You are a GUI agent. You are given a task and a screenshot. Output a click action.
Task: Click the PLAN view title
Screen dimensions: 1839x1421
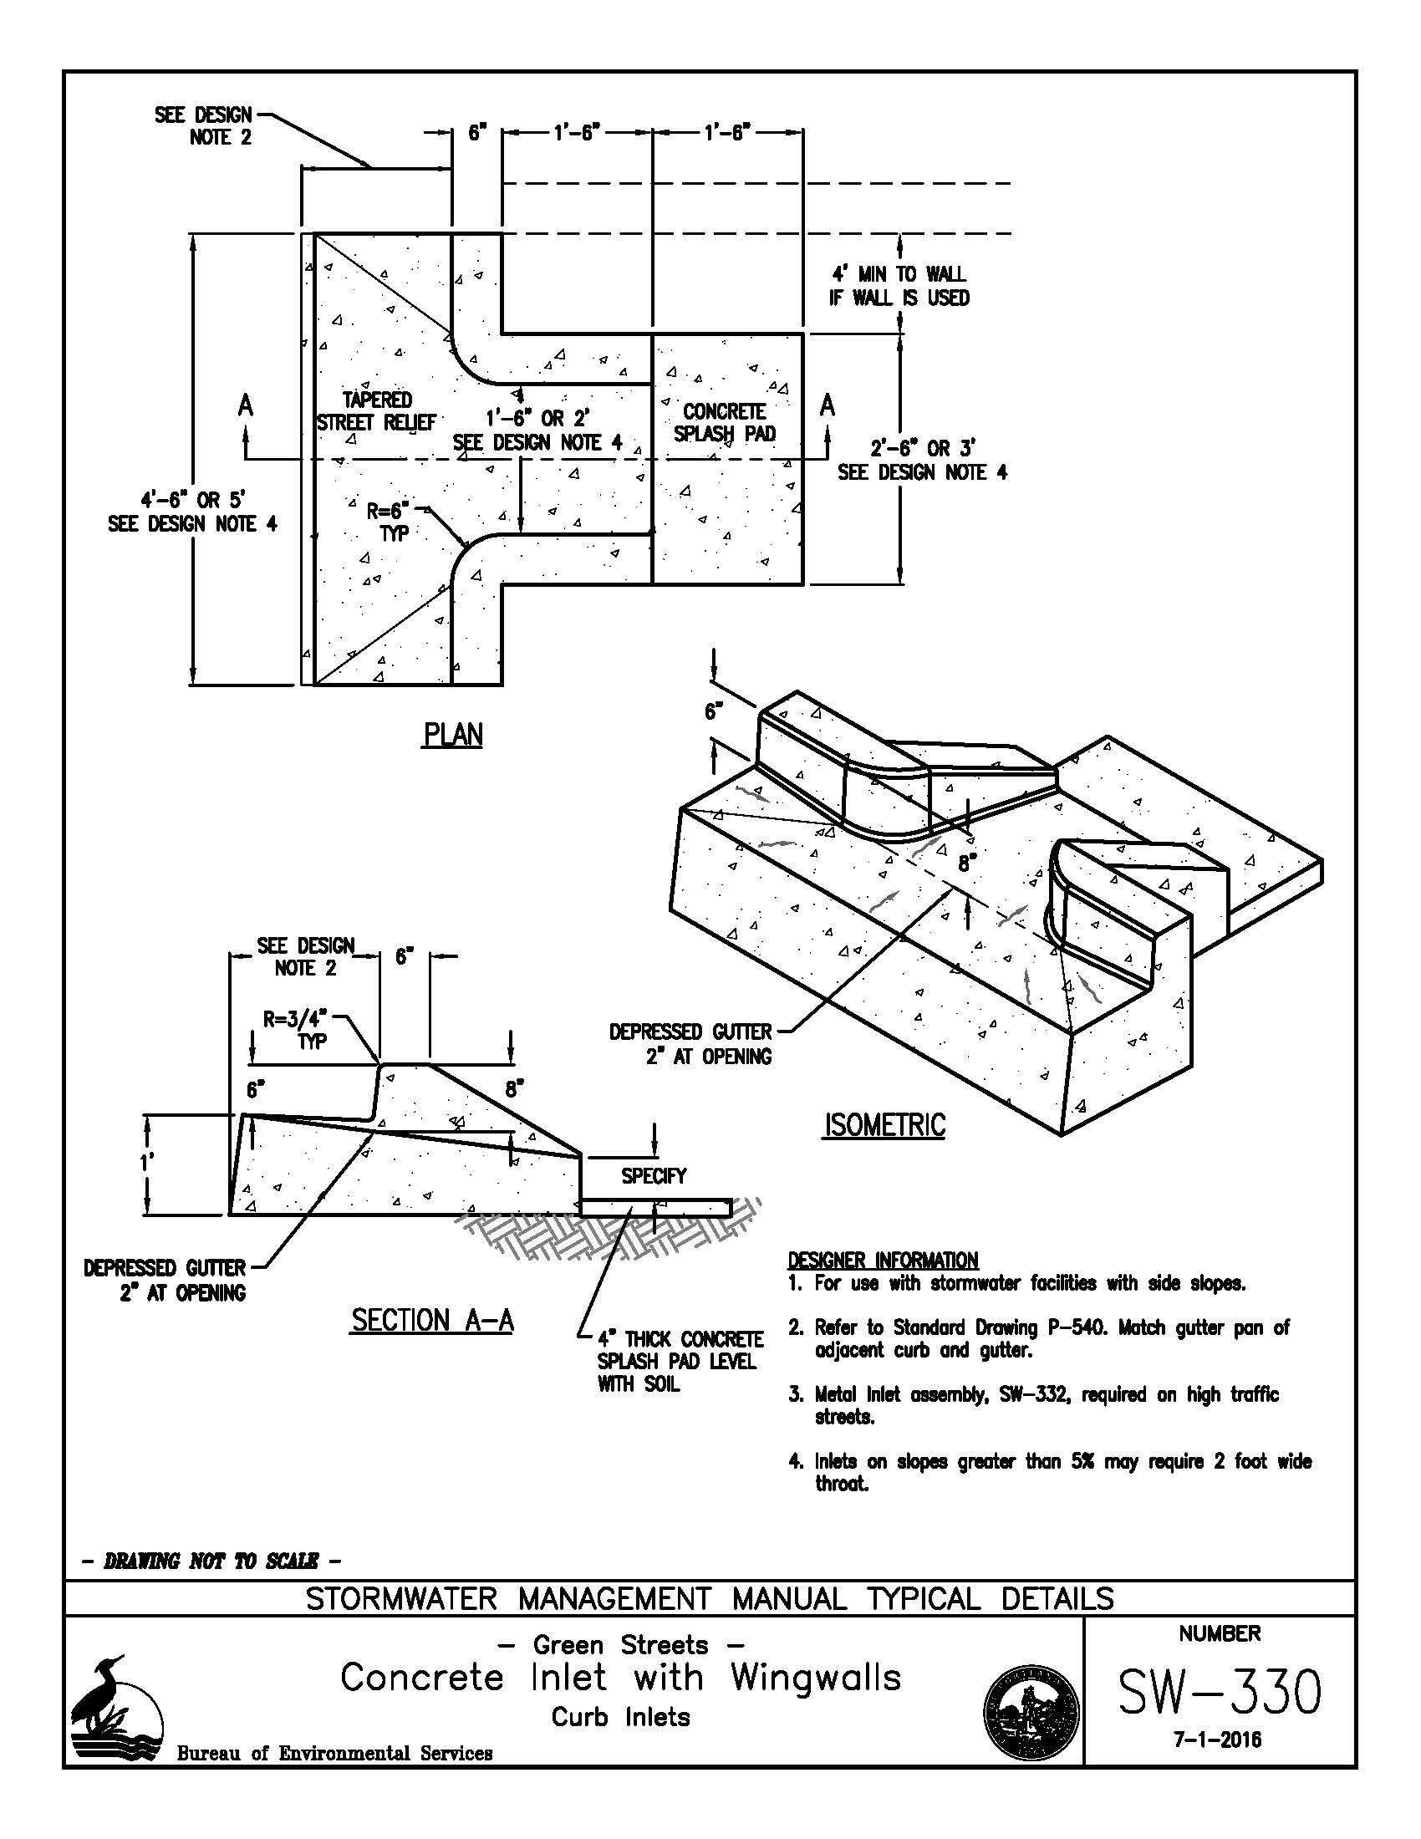click(453, 735)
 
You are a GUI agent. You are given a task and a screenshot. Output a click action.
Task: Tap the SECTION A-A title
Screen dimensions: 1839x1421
click(432, 1319)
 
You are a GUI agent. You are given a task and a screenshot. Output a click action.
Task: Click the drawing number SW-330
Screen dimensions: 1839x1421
click(1219, 1693)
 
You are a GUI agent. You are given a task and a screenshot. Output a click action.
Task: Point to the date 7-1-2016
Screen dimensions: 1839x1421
click(1218, 1740)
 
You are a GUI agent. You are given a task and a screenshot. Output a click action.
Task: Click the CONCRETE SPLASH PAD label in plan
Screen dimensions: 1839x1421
click(725, 423)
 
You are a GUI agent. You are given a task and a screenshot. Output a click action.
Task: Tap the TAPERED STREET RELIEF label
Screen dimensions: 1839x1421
click(376, 411)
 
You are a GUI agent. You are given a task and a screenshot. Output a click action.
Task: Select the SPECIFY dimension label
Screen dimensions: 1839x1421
click(654, 1175)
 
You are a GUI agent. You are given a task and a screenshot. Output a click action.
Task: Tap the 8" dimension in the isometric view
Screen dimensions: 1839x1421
click(965, 863)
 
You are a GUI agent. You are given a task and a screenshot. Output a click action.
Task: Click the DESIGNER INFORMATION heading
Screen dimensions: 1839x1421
click(882, 1261)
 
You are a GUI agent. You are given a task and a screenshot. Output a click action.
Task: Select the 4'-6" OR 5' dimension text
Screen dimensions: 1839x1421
click(193, 500)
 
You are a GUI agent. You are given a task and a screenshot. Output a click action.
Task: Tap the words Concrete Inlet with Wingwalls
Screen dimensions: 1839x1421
click(620, 1678)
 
